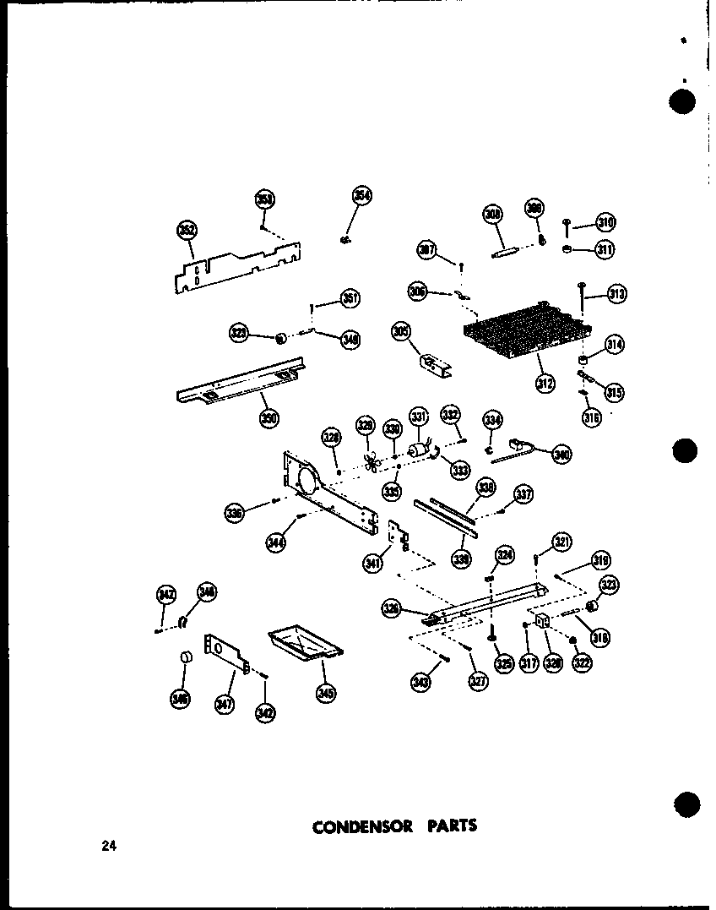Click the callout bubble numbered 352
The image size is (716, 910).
[x=186, y=230]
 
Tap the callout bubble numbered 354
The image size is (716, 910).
[x=362, y=196]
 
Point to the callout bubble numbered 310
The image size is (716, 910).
[x=605, y=223]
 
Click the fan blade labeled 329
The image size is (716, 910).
[x=369, y=460]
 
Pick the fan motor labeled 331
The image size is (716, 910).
[x=417, y=451]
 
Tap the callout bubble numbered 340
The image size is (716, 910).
[x=561, y=454]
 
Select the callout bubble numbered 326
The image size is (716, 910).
[x=391, y=608]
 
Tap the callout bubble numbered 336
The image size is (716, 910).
[x=235, y=512]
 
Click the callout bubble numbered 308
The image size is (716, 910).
[x=493, y=215]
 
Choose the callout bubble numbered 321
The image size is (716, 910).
[x=562, y=542]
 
